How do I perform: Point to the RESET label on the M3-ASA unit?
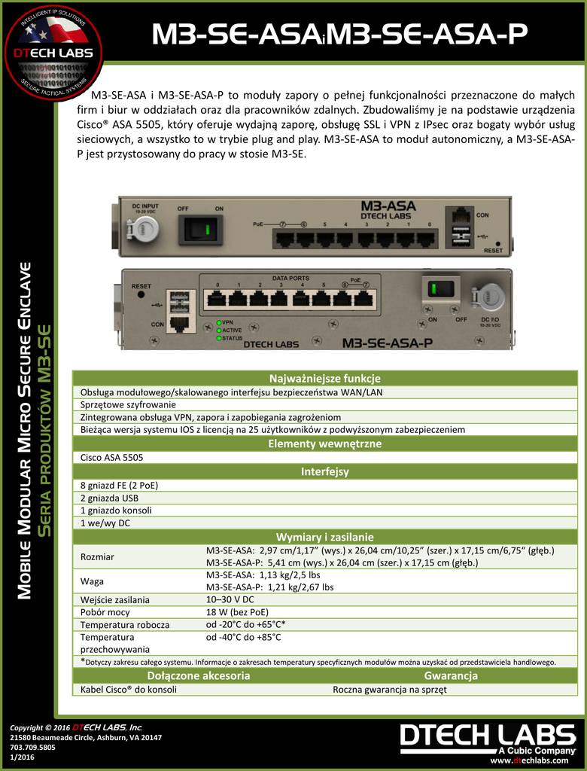point(494,250)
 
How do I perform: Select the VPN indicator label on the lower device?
point(228,322)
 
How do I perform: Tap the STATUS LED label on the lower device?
point(232,338)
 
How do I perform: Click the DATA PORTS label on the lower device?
point(290,277)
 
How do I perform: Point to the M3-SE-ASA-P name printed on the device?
point(387,343)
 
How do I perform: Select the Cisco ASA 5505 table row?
point(112,457)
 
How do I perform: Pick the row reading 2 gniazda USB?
point(110,498)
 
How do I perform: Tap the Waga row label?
point(93,581)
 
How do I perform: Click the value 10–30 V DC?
point(230,599)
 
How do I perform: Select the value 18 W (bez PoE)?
point(237,612)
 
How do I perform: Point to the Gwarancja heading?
point(451,675)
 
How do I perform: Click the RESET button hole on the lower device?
point(141,296)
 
